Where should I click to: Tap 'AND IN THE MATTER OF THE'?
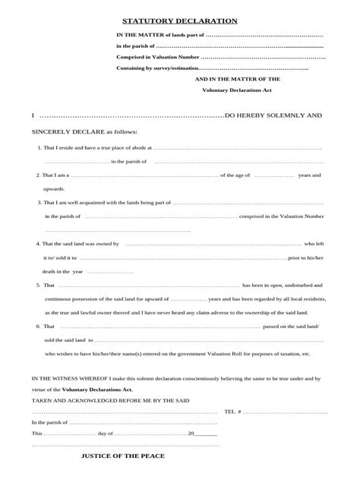tap(237, 78)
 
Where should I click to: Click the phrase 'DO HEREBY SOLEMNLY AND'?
tap(273, 116)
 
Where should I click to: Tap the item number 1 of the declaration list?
tap(39, 147)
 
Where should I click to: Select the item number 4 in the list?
tap(39, 244)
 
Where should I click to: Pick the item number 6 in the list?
tap(39, 326)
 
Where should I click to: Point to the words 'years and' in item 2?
tap(310, 175)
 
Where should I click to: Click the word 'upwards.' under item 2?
tap(55, 188)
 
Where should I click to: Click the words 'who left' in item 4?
tap(314, 244)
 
